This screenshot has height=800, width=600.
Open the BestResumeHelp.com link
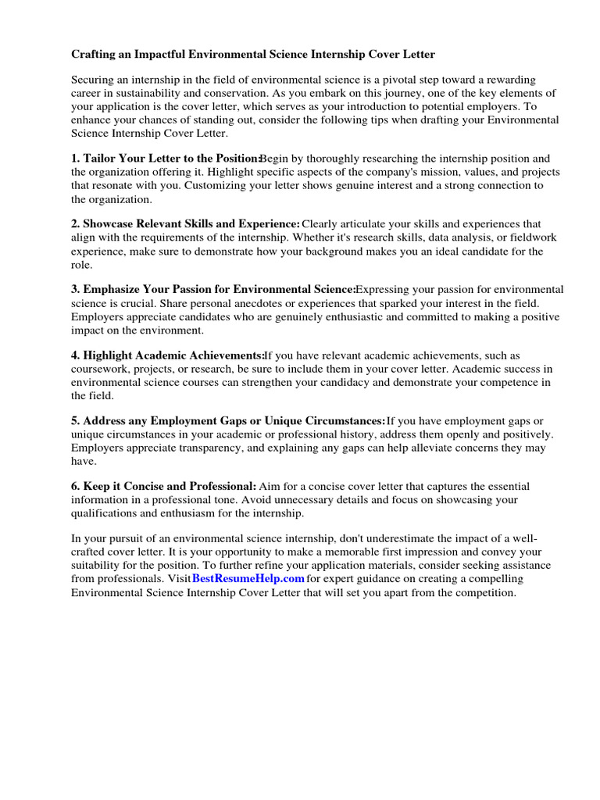(x=248, y=579)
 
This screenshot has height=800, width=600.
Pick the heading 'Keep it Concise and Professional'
(x=170, y=486)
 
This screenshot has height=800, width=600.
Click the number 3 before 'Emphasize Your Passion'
(x=75, y=289)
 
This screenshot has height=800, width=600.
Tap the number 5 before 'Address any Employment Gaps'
(x=75, y=420)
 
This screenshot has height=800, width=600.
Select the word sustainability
(x=148, y=92)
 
